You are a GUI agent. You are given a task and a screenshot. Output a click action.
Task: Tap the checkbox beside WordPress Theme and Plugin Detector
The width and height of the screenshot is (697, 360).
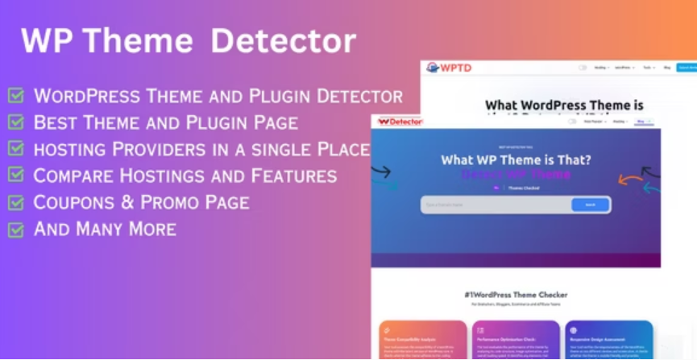click(15, 97)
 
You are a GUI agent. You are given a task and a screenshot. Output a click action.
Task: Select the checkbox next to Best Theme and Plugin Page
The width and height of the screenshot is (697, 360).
click(15, 122)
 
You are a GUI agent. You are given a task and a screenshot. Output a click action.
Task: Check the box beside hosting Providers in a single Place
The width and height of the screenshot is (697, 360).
click(15, 149)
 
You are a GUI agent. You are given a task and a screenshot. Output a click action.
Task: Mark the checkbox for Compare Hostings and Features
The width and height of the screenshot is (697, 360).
click(15, 176)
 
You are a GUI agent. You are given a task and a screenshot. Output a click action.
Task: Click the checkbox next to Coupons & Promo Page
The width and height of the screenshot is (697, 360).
click(15, 202)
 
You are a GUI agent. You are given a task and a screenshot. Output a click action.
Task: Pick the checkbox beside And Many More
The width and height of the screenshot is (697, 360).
click(15, 229)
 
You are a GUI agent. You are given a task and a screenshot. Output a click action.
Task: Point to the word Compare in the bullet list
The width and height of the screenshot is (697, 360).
click(72, 176)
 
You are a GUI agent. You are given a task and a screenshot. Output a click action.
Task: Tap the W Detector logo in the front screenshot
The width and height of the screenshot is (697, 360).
click(400, 122)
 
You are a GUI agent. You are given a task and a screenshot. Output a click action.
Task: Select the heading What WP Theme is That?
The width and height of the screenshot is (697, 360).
click(516, 159)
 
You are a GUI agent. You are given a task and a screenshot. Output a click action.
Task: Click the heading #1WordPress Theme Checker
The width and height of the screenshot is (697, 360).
click(516, 295)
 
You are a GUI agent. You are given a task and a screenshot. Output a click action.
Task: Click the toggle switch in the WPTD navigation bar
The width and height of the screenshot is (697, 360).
click(583, 68)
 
